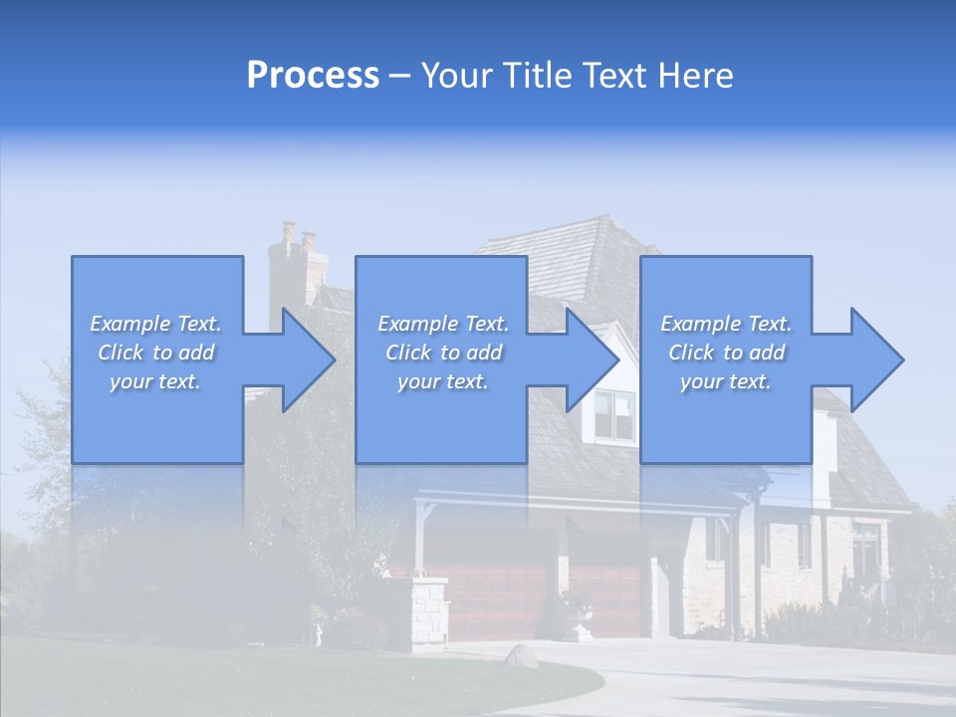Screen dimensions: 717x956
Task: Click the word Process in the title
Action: click(x=313, y=76)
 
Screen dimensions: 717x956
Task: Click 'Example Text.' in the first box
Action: click(x=156, y=324)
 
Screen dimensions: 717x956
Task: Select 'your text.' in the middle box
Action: click(x=442, y=381)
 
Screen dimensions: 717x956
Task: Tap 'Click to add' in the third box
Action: click(x=726, y=353)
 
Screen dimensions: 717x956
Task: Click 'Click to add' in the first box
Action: click(x=156, y=353)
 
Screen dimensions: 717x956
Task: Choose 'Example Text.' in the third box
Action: click(x=726, y=324)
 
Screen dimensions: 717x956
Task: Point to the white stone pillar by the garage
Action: click(x=429, y=612)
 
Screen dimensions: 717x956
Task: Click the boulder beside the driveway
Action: click(x=521, y=655)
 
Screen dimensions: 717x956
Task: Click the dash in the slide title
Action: click(x=400, y=77)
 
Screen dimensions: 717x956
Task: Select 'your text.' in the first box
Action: click(x=156, y=381)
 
